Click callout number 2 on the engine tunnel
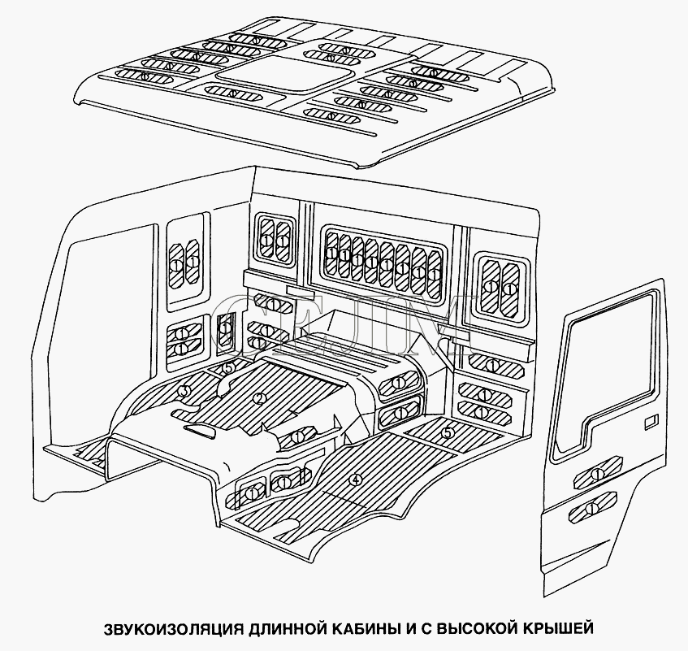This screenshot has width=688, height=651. pos(260,398)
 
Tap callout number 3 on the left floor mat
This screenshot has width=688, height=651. pos(185,390)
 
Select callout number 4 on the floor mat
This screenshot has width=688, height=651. pos(356,480)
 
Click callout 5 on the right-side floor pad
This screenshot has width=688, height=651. pos(447,433)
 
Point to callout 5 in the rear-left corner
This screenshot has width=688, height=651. pos(227,368)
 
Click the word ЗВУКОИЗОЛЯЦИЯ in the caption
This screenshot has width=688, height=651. pos(173,628)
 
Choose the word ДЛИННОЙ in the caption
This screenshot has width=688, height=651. pos(286,628)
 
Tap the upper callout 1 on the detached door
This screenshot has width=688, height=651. pos(597,474)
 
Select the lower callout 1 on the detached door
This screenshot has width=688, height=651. pos(592,508)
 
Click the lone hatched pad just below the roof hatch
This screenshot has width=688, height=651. pos(233,93)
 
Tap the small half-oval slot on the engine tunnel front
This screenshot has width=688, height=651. pos(200,431)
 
